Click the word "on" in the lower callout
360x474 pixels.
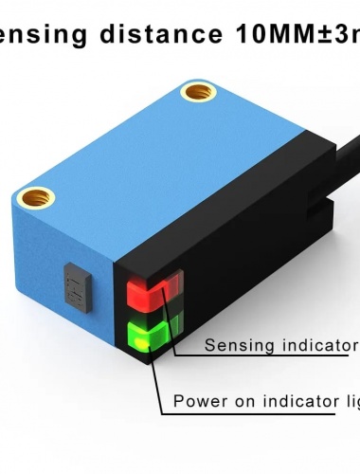(x=242, y=402)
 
